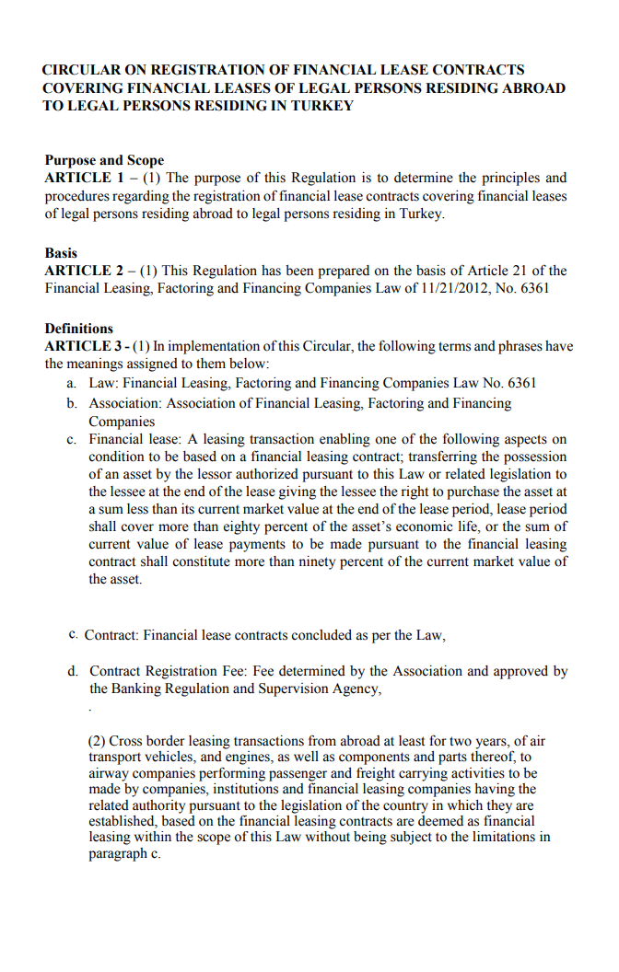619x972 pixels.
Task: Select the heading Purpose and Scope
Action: click(x=104, y=160)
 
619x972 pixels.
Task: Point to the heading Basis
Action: click(x=61, y=253)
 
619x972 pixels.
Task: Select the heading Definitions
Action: click(x=79, y=329)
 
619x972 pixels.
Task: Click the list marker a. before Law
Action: click(x=72, y=383)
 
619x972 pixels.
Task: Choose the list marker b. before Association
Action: click(x=72, y=403)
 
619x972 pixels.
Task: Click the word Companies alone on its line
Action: click(x=122, y=422)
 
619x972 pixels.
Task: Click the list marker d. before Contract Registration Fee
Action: click(x=72, y=671)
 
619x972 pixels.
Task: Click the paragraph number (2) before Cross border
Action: click(x=99, y=741)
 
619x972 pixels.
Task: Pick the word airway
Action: click(x=111, y=774)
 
